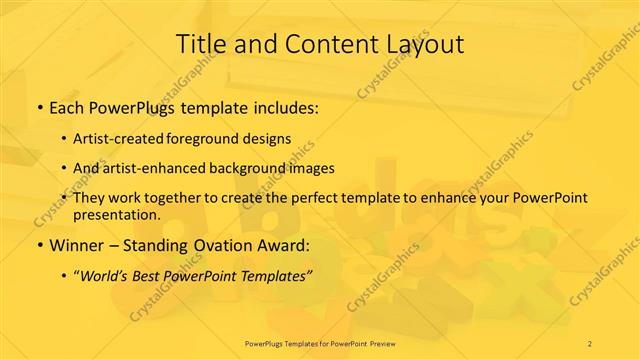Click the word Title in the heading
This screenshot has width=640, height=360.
pos(202,44)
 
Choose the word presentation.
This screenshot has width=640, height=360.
pos(116,214)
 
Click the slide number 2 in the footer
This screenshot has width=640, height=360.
pos(590,343)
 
